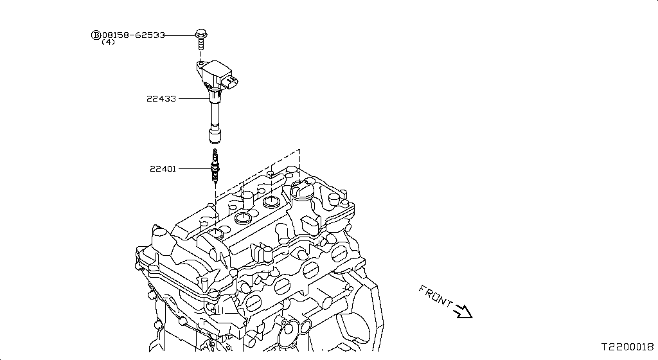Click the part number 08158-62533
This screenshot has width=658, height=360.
[x=133, y=35]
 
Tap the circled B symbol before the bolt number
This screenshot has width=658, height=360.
[x=96, y=35]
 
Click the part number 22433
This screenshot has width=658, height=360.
[x=161, y=99]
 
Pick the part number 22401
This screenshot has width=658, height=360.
[x=163, y=169]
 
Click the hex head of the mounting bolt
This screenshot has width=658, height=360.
[x=200, y=34]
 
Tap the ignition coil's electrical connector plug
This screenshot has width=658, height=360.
[x=234, y=82]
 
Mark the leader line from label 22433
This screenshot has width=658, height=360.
[x=193, y=99]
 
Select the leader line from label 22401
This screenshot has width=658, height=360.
[x=193, y=169]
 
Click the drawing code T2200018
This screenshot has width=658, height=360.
[x=627, y=346]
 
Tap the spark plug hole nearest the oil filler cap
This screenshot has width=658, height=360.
[x=271, y=203]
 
